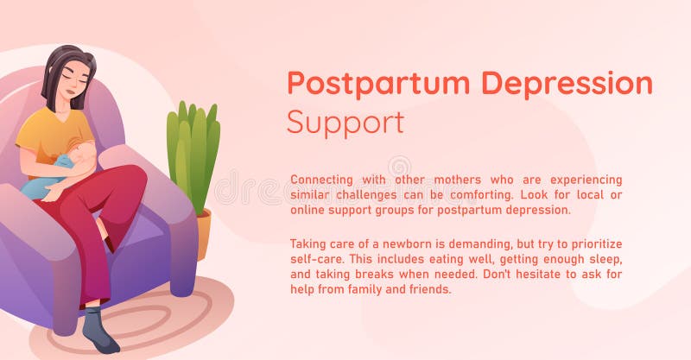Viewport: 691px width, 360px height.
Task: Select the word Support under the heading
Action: click(x=345, y=123)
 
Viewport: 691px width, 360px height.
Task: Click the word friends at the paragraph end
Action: click(x=430, y=289)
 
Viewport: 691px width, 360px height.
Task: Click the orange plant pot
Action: click(x=205, y=233)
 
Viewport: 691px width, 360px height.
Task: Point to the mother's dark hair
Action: click(x=60, y=65)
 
